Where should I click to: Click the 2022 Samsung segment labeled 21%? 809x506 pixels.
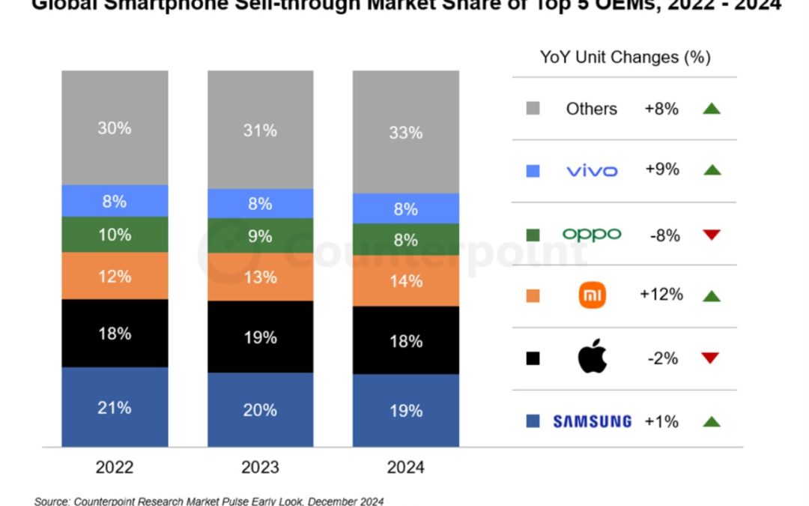click(x=115, y=407)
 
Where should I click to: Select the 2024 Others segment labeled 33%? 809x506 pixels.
click(x=405, y=133)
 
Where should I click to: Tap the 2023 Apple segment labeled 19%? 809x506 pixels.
click(x=260, y=337)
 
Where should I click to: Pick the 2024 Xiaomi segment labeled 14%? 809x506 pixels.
click(x=405, y=281)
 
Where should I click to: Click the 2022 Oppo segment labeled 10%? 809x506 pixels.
click(x=115, y=235)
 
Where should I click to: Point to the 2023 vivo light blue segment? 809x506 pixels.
click(x=260, y=203)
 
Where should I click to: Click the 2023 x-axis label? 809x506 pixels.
click(x=260, y=467)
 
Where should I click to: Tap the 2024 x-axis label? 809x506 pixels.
click(x=405, y=467)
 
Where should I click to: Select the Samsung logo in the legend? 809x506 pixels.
click(x=592, y=421)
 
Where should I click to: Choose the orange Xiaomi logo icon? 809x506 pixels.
click(x=593, y=295)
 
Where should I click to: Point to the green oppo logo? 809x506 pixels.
click(x=592, y=235)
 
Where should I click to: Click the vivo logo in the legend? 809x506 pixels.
click(x=592, y=171)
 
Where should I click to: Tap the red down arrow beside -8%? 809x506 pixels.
click(x=711, y=235)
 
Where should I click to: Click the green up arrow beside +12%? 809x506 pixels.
click(x=711, y=296)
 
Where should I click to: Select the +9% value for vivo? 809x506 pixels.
click(x=661, y=170)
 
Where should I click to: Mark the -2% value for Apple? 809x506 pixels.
click(x=661, y=358)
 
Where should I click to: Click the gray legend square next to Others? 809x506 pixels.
click(x=533, y=109)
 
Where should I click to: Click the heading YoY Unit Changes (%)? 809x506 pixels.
click(x=625, y=57)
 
